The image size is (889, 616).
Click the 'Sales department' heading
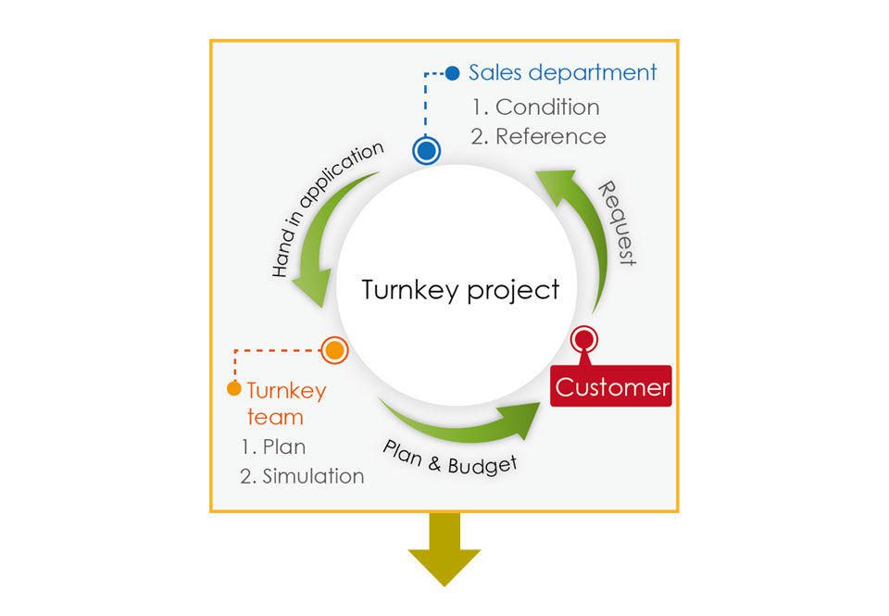pos(562,73)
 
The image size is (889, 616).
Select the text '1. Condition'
pos(536,107)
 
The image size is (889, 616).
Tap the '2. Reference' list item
pos(538,137)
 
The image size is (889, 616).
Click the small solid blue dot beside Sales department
pos(453,73)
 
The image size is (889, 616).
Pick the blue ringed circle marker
pos(426,151)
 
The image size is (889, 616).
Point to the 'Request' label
pos(618,223)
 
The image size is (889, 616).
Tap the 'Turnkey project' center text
pos(460,290)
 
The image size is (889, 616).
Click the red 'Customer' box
pos(610,385)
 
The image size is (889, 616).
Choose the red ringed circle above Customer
pos(584,340)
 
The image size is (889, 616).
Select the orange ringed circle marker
pos(334,350)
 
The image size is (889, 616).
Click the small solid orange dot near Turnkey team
pos(233,388)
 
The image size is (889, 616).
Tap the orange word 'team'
pos(275,417)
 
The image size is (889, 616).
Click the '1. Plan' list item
pos(273,447)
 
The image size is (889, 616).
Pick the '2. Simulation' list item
pos(302,476)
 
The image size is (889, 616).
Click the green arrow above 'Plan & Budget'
pos(459,426)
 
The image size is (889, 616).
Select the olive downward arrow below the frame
pos(444,548)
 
